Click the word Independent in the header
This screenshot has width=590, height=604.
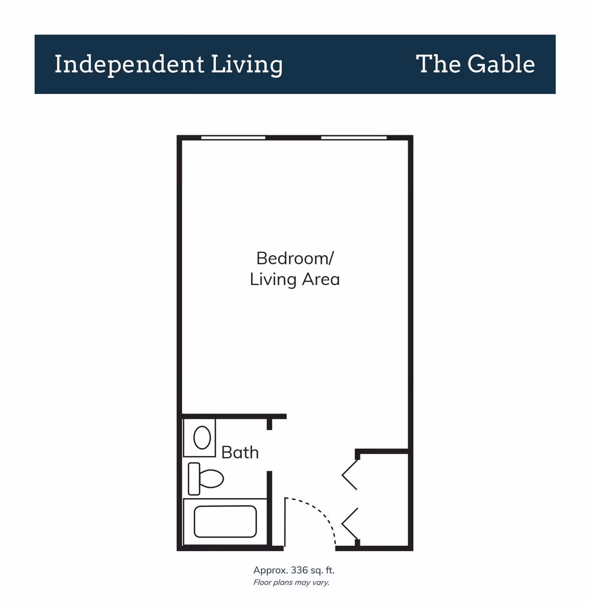[x=129, y=64]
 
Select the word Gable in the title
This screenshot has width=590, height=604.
[x=501, y=64]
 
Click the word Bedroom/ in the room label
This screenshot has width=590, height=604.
[x=295, y=258]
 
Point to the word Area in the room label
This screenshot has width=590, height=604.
[x=321, y=279]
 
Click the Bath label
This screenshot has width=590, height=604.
[x=240, y=452]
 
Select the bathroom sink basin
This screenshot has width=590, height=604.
[x=202, y=437]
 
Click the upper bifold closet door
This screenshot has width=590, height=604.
[x=350, y=474]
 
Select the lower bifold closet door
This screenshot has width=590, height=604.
[x=350, y=524]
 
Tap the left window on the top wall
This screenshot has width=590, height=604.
[x=233, y=138]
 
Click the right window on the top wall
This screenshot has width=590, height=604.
[x=354, y=138]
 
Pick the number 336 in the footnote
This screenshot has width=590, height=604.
[x=299, y=570]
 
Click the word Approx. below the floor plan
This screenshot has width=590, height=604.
[x=270, y=570]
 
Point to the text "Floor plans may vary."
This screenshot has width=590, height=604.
[x=291, y=583]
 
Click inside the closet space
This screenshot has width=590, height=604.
[x=383, y=499]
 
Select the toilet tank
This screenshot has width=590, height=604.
[x=194, y=478]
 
